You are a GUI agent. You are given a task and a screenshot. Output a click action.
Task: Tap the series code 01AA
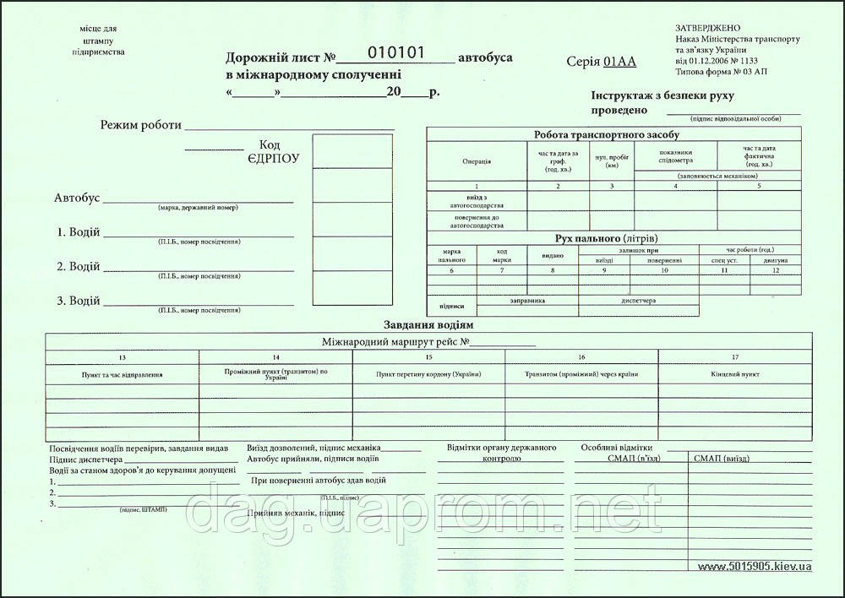(620, 62)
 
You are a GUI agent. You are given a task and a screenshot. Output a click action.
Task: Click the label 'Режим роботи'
(141, 125)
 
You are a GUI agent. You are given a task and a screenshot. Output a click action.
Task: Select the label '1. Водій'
(79, 232)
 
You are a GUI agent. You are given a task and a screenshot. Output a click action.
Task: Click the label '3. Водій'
(79, 302)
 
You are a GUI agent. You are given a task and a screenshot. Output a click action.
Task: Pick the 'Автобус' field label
(77, 198)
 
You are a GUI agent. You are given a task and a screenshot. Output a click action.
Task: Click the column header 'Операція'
(477, 161)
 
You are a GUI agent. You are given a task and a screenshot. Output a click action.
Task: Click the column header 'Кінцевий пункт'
(740, 373)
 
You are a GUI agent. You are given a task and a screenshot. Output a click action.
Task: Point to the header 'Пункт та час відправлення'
(123, 373)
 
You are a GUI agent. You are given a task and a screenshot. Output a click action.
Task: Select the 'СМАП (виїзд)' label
(720, 459)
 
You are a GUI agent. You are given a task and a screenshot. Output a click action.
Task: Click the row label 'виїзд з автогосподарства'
(477, 200)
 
